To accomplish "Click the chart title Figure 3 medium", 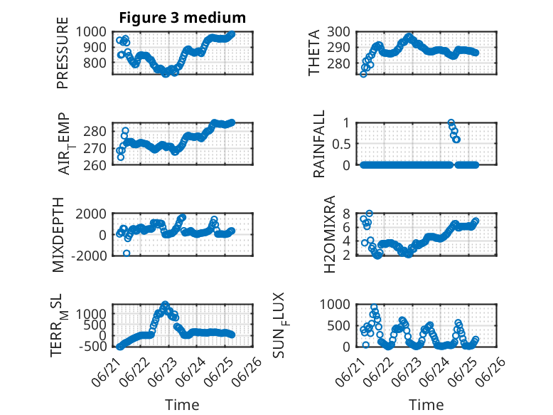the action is pos(183,18).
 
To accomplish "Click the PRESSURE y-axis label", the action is pos(62,53).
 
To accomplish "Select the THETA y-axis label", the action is pos(313,53).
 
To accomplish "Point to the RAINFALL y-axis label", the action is pos(318,144).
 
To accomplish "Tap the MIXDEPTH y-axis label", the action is pos(58,235).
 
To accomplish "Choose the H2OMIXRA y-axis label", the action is pos(329,234).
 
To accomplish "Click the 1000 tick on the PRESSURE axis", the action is pos(91,32).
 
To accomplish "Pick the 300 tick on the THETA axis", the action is pos(338,32).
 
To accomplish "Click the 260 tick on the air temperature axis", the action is pos(95,165).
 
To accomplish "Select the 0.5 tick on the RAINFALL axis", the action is pos(341,144).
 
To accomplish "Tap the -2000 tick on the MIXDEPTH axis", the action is pos(89,256).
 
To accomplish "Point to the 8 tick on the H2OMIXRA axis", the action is pos(346,214).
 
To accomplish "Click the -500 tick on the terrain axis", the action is pos(93,346).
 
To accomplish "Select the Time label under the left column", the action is pos(183,405).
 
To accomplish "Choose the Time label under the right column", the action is pos(426,405).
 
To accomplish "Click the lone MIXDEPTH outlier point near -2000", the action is pos(127,253).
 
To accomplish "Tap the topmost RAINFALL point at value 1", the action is pos(451,122).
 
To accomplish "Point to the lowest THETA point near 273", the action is pos(363,74).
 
